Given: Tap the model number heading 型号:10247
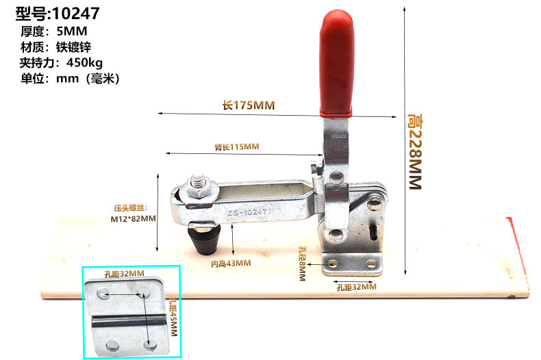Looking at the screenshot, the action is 58,13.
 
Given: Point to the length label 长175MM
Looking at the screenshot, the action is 248,105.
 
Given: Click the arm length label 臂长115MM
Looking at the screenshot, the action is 237,146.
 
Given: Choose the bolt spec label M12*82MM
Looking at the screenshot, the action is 133,220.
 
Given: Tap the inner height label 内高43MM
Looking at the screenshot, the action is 230,263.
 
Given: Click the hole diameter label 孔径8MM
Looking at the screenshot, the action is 301,260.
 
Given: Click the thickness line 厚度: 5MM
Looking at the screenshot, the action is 54,31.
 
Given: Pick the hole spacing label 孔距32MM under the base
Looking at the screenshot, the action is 356,287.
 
